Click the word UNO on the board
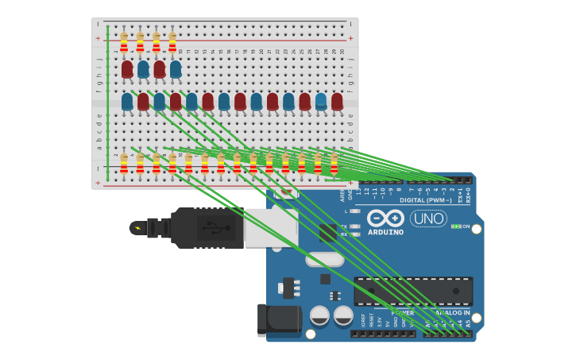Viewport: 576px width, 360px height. tap(429, 218)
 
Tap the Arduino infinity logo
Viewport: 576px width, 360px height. tap(386, 219)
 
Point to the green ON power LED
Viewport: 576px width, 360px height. tap(456, 226)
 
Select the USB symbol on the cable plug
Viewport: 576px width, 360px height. tap(210, 228)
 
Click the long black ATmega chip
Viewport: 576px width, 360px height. tap(413, 290)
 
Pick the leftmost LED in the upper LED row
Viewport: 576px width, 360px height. tap(127, 69)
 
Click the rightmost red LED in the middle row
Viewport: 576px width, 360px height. tap(337, 101)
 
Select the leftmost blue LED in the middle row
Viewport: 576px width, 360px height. tap(127, 101)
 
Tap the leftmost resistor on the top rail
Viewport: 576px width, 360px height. tap(124, 41)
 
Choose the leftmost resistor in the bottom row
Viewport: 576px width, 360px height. tap(124, 163)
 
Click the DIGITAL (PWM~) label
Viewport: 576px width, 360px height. tap(427, 200)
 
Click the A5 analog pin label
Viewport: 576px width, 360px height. tap(468, 324)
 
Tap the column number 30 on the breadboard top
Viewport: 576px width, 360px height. tap(342, 52)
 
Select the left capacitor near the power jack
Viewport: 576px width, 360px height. tap(319, 315)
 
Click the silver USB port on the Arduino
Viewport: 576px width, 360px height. tap(270, 228)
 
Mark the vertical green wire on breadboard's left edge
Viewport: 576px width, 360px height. tap(107, 103)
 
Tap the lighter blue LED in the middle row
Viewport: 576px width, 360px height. tap(321, 101)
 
